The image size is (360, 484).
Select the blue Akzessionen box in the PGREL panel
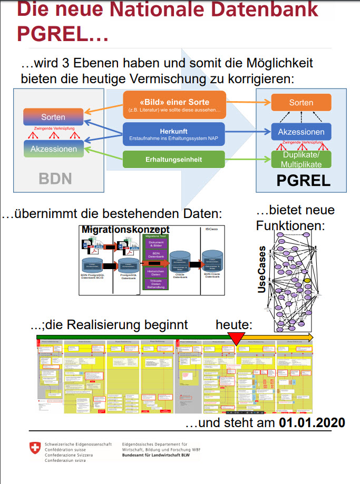301,132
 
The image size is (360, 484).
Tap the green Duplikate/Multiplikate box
301,160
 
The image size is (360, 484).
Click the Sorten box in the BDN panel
53,117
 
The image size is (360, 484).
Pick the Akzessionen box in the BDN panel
53,149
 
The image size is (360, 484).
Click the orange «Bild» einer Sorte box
174,105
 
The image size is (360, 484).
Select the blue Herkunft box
174,134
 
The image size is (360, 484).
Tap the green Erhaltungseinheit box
174,159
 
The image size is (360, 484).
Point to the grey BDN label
55,179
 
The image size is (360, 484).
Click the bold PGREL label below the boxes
303,181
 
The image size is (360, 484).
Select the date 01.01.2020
312,423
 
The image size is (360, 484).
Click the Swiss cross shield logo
35,448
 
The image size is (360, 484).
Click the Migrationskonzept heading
125,230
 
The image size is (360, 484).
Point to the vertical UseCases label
261,270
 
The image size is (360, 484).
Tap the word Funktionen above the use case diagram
290,225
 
